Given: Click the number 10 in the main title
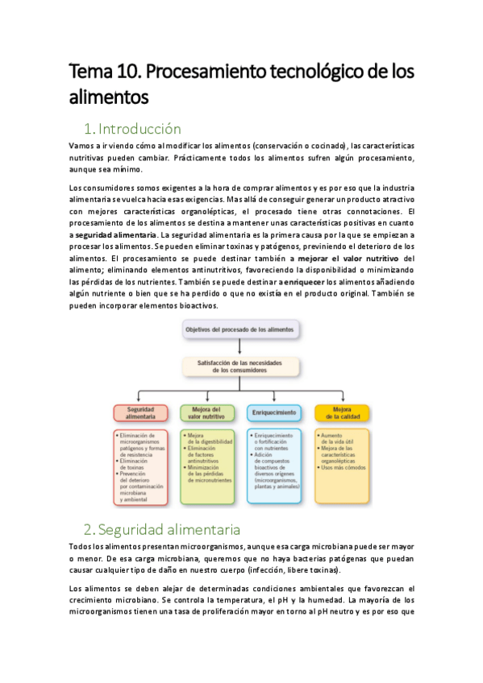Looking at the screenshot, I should [x=131, y=72].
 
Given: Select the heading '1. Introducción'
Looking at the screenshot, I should [x=132, y=129].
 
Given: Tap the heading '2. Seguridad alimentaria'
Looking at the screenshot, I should [x=161, y=507].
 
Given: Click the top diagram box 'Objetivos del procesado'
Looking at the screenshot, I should [x=240, y=330].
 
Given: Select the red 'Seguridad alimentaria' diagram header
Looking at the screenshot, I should [x=139, y=412].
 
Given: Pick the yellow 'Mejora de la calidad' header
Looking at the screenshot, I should [x=342, y=412].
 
